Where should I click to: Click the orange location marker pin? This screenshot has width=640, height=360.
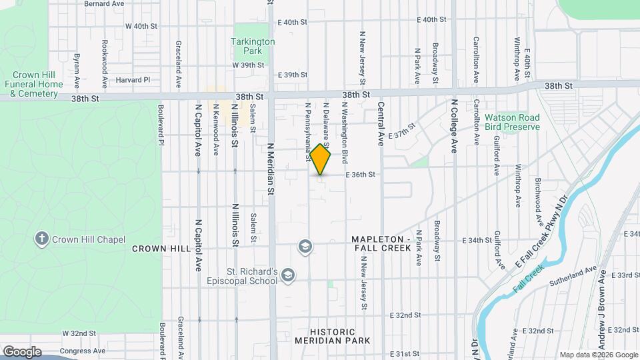tap(321, 159)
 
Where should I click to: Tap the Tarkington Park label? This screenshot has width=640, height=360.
tap(253, 45)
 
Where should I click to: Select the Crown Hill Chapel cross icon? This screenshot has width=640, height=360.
tap(41, 239)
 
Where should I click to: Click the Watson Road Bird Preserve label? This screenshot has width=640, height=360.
tap(512, 122)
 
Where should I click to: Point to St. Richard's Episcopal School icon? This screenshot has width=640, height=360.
tap(288, 275)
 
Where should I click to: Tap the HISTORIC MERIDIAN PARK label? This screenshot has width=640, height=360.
tap(341, 336)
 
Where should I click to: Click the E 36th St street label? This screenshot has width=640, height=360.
tap(361, 175)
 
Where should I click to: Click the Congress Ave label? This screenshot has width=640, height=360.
tap(82, 351)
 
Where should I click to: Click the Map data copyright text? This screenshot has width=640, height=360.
tap(598, 355)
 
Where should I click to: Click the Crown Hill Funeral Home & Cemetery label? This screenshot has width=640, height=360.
tap(34, 85)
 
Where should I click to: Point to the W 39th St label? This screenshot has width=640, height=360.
tap(249, 65)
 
